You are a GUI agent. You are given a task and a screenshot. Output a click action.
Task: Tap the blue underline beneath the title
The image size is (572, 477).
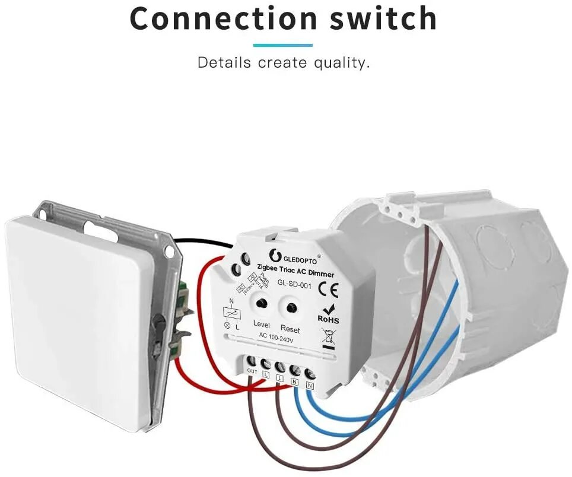282,45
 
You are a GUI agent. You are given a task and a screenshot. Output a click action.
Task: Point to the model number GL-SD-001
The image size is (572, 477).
294,285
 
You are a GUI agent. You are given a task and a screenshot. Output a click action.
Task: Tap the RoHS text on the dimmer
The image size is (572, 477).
328,319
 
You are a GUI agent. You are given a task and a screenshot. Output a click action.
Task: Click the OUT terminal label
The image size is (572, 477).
252,371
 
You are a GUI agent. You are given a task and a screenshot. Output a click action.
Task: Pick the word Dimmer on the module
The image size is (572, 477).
321,274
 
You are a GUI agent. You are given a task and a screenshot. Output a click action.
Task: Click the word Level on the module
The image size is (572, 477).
261,324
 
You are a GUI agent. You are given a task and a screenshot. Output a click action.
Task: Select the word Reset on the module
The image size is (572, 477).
290,329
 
